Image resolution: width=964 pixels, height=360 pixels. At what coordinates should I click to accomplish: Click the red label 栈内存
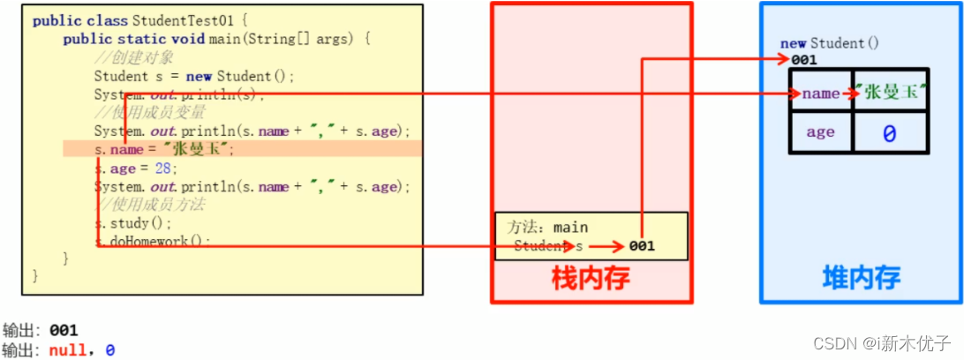[591, 280]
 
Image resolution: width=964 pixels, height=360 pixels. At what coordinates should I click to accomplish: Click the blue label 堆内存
[861, 279]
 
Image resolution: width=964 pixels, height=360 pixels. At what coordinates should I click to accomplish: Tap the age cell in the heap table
[820, 132]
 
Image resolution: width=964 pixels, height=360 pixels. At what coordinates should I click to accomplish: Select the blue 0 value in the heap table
[889, 133]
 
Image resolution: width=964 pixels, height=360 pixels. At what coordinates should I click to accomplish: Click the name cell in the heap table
[821, 93]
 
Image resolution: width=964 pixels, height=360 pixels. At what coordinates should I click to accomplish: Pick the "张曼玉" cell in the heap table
[890, 92]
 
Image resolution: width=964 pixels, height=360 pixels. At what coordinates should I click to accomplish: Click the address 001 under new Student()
[804, 60]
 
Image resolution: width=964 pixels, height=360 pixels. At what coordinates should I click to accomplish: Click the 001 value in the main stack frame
[642, 246]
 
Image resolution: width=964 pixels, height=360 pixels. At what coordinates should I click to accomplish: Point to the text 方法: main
[547, 228]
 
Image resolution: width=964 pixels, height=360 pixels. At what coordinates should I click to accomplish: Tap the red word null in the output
[67, 350]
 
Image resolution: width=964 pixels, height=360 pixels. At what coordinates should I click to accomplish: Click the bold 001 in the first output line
[64, 331]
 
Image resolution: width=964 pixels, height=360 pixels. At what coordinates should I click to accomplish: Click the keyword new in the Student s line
[199, 77]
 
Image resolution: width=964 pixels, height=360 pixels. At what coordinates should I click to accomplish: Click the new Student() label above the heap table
[830, 43]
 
